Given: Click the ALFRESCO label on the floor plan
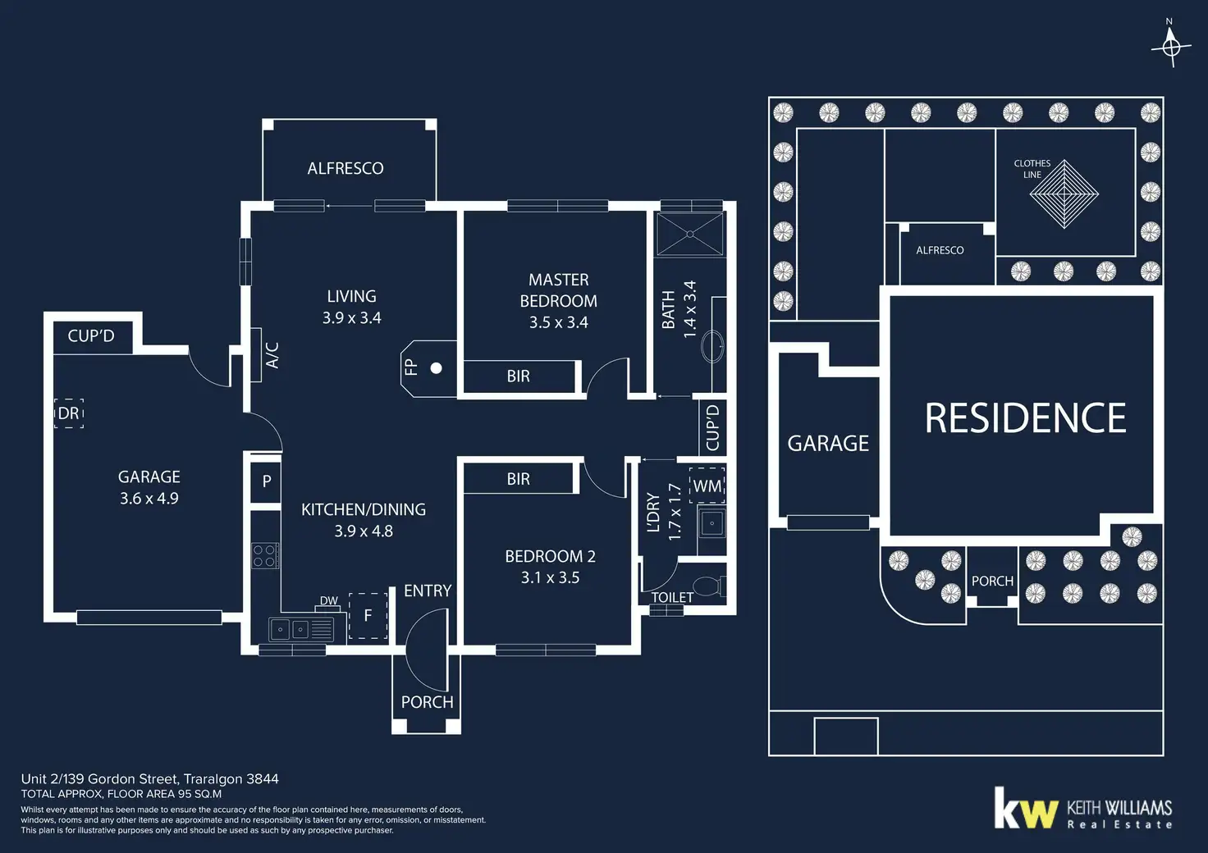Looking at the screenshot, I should (345, 168).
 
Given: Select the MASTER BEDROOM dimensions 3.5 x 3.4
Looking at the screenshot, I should (558, 322).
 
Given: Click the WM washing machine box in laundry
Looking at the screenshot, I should (707, 486).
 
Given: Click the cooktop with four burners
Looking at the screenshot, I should (264, 556).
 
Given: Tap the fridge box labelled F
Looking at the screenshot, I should (368, 615).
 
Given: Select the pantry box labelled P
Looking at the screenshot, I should (266, 481).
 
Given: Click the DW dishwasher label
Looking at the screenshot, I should (329, 600).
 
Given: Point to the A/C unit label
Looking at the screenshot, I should (272, 355).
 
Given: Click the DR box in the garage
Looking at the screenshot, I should (69, 413).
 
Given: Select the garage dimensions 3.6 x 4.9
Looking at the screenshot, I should (149, 498).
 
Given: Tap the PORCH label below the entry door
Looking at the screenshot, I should (427, 702).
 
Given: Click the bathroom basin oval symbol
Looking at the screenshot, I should (712, 346).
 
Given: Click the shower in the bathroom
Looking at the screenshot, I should (690, 234).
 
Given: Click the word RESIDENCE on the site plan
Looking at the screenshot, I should (1025, 418).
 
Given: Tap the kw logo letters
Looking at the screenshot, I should (1025, 810).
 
